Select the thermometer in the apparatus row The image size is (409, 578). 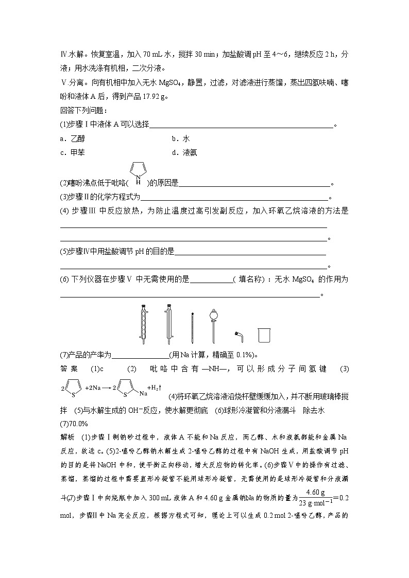pyautogui.click(x=192, y=328)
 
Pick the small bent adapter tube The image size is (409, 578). pyautogui.click(x=238, y=336)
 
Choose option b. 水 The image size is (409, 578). pyautogui.click(x=180, y=138)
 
